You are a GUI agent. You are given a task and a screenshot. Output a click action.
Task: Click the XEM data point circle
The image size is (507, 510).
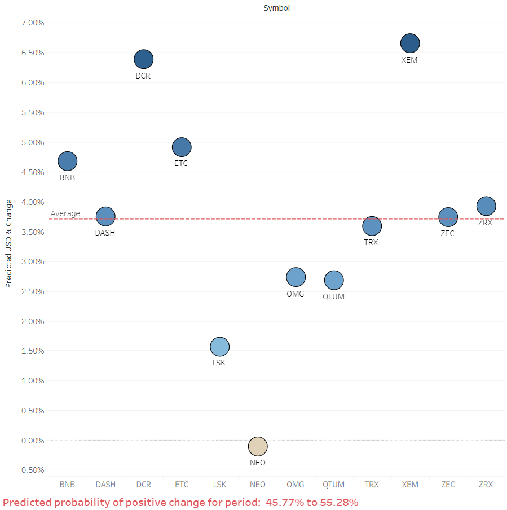410,43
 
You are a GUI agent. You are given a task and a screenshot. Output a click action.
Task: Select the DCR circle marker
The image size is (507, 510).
144,59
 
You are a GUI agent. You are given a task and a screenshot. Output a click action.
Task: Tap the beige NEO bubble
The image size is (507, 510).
258,446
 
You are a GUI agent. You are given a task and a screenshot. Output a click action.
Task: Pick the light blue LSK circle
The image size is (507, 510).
219,347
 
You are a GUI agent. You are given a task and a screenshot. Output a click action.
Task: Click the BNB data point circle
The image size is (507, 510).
68,161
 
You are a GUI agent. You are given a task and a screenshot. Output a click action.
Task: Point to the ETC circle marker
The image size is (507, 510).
182,147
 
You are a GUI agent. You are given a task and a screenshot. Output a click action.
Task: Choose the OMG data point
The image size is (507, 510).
296,277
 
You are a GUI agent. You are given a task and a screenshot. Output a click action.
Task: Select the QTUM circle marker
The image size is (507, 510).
334,280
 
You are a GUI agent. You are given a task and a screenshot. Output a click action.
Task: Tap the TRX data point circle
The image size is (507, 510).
372,226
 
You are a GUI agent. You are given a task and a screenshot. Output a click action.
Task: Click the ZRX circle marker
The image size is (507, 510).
486,206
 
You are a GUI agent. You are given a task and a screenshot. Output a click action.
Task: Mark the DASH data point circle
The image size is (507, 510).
105,216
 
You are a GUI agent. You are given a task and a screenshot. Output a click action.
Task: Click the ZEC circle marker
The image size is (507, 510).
448,217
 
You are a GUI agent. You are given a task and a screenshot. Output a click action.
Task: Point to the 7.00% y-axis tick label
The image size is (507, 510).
33,23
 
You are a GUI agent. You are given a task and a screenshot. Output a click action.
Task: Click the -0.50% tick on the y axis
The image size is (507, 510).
32,470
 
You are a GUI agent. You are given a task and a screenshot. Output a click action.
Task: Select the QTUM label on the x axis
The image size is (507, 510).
333,485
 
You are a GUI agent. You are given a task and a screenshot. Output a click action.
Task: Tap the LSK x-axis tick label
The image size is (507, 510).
219,485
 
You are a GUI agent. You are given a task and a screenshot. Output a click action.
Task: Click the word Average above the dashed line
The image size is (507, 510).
65,213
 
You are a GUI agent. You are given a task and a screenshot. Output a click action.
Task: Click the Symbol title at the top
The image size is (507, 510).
276,8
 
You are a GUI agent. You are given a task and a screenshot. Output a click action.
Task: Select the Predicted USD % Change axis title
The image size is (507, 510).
9,243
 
